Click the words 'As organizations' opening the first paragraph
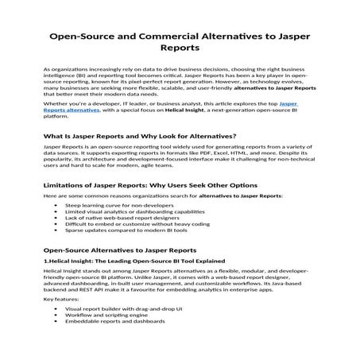pyautogui.click(x=62, y=70)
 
